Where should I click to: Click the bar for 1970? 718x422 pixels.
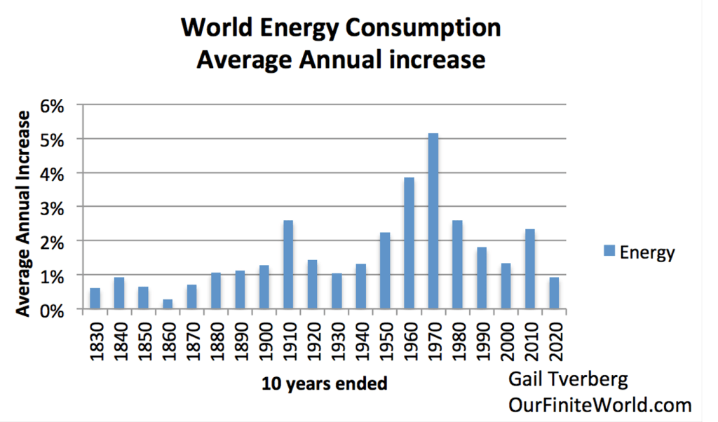[433, 222]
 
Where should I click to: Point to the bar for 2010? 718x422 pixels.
[530, 269]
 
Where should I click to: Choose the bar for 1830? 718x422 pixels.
[95, 299]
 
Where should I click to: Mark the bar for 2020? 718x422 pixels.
[554, 293]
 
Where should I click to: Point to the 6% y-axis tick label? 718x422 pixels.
[53, 106]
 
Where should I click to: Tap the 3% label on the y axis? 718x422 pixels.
[53, 207]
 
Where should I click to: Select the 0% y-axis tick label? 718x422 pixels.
[53, 310]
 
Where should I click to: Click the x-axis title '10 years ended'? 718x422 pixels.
[325, 384]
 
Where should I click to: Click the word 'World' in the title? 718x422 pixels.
[215, 29]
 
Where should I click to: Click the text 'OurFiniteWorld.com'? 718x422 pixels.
[600, 405]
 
